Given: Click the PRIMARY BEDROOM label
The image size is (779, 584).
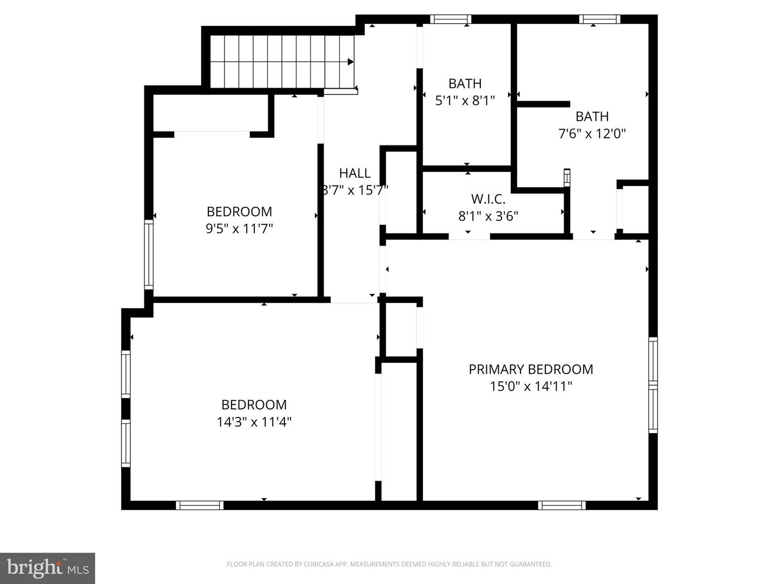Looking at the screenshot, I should (x=531, y=369).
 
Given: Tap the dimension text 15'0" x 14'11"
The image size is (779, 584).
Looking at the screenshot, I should (x=531, y=386).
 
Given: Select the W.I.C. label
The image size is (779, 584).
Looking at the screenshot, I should (x=488, y=199).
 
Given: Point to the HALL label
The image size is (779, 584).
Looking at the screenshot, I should (x=355, y=173).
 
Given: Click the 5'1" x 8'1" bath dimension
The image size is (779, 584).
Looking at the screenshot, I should (x=465, y=100).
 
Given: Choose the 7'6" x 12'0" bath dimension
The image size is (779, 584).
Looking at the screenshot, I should (x=592, y=134).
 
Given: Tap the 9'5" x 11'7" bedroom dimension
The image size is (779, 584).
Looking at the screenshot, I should (x=239, y=229).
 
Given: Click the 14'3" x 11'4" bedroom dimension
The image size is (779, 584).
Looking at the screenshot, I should (x=254, y=422).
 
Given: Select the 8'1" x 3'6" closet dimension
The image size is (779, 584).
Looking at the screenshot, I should (x=488, y=216).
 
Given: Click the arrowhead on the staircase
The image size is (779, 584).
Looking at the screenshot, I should (x=351, y=62).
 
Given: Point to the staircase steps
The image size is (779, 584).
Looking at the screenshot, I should (x=281, y=61).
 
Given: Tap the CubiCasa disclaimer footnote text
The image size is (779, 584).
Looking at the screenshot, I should (x=389, y=564).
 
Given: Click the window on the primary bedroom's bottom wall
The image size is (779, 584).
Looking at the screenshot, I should (x=562, y=505).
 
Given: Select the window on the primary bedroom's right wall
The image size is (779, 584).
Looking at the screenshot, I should (x=653, y=385).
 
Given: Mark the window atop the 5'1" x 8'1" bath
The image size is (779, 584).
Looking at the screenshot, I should (x=451, y=19).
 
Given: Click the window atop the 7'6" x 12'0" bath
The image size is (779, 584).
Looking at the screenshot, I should (x=599, y=19).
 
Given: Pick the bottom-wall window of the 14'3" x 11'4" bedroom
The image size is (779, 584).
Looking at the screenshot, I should (x=200, y=505).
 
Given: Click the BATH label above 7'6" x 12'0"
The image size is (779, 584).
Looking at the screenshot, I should (x=592, y=116).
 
